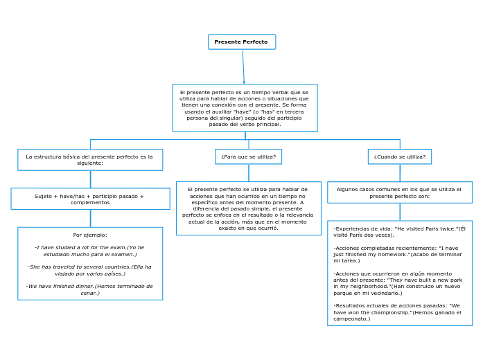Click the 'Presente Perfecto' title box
click(x=241, y=42)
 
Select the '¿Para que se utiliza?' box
click(x=248, y=156)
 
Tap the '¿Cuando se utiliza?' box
click(x=399, y=156)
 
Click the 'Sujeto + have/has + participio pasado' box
click(x=90, y=199)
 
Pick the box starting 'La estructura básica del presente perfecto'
click(x=90, y=160)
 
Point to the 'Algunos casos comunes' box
click(x=399, y=192)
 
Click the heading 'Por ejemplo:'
click(x=90, y=235)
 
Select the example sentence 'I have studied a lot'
click(x=89, y=251)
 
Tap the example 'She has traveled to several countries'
click(x=89, y=270)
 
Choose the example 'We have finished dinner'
click(x=89, y=289)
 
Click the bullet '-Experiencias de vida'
click(x=399, y=231)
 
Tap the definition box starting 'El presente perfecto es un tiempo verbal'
click(x=245, y=108)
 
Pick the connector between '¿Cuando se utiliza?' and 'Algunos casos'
click(x=400, y=173)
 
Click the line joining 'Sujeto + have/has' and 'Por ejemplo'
click(x=90, y=218)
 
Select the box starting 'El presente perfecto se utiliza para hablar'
click(x=248, y=208)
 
